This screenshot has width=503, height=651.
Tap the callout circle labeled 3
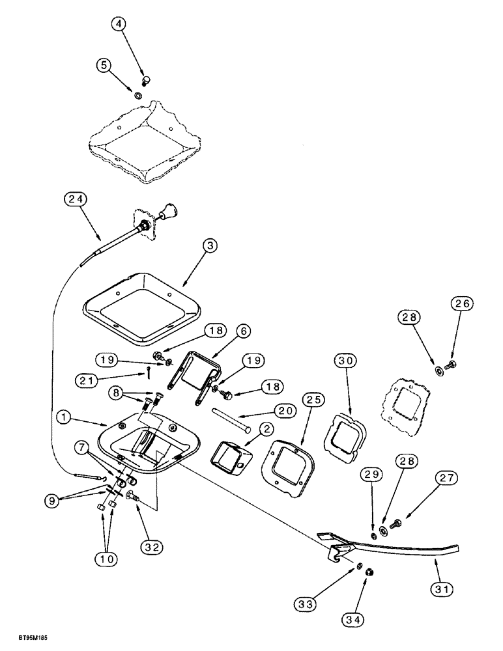pos(209,245)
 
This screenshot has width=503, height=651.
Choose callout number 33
pos(327,605)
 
